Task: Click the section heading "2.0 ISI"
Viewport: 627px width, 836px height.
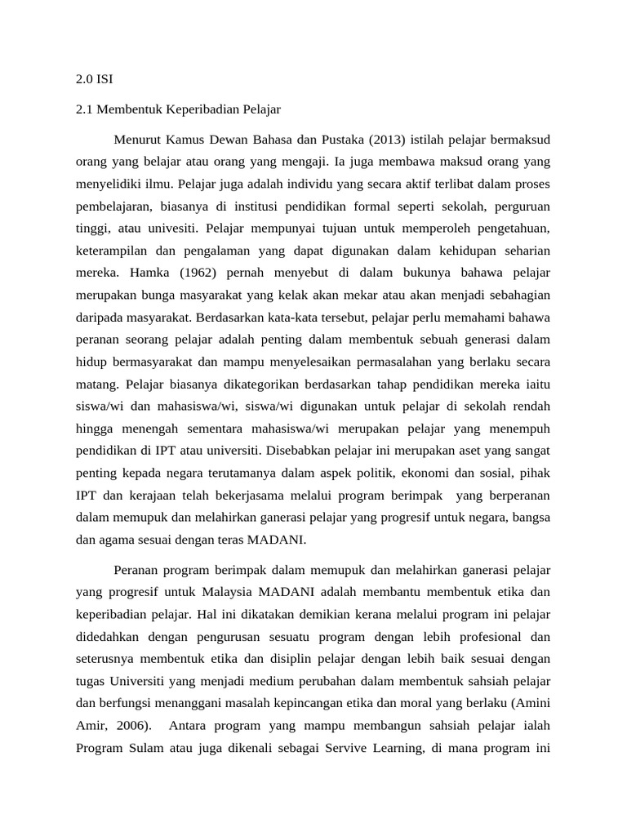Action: [x=95, y=80]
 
